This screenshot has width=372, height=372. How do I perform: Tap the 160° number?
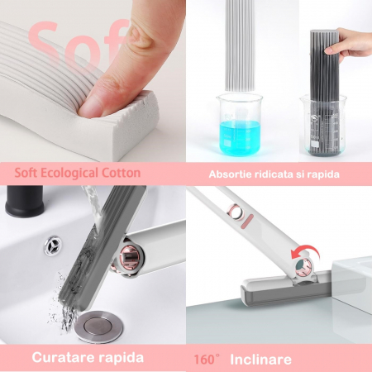[207, 360]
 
